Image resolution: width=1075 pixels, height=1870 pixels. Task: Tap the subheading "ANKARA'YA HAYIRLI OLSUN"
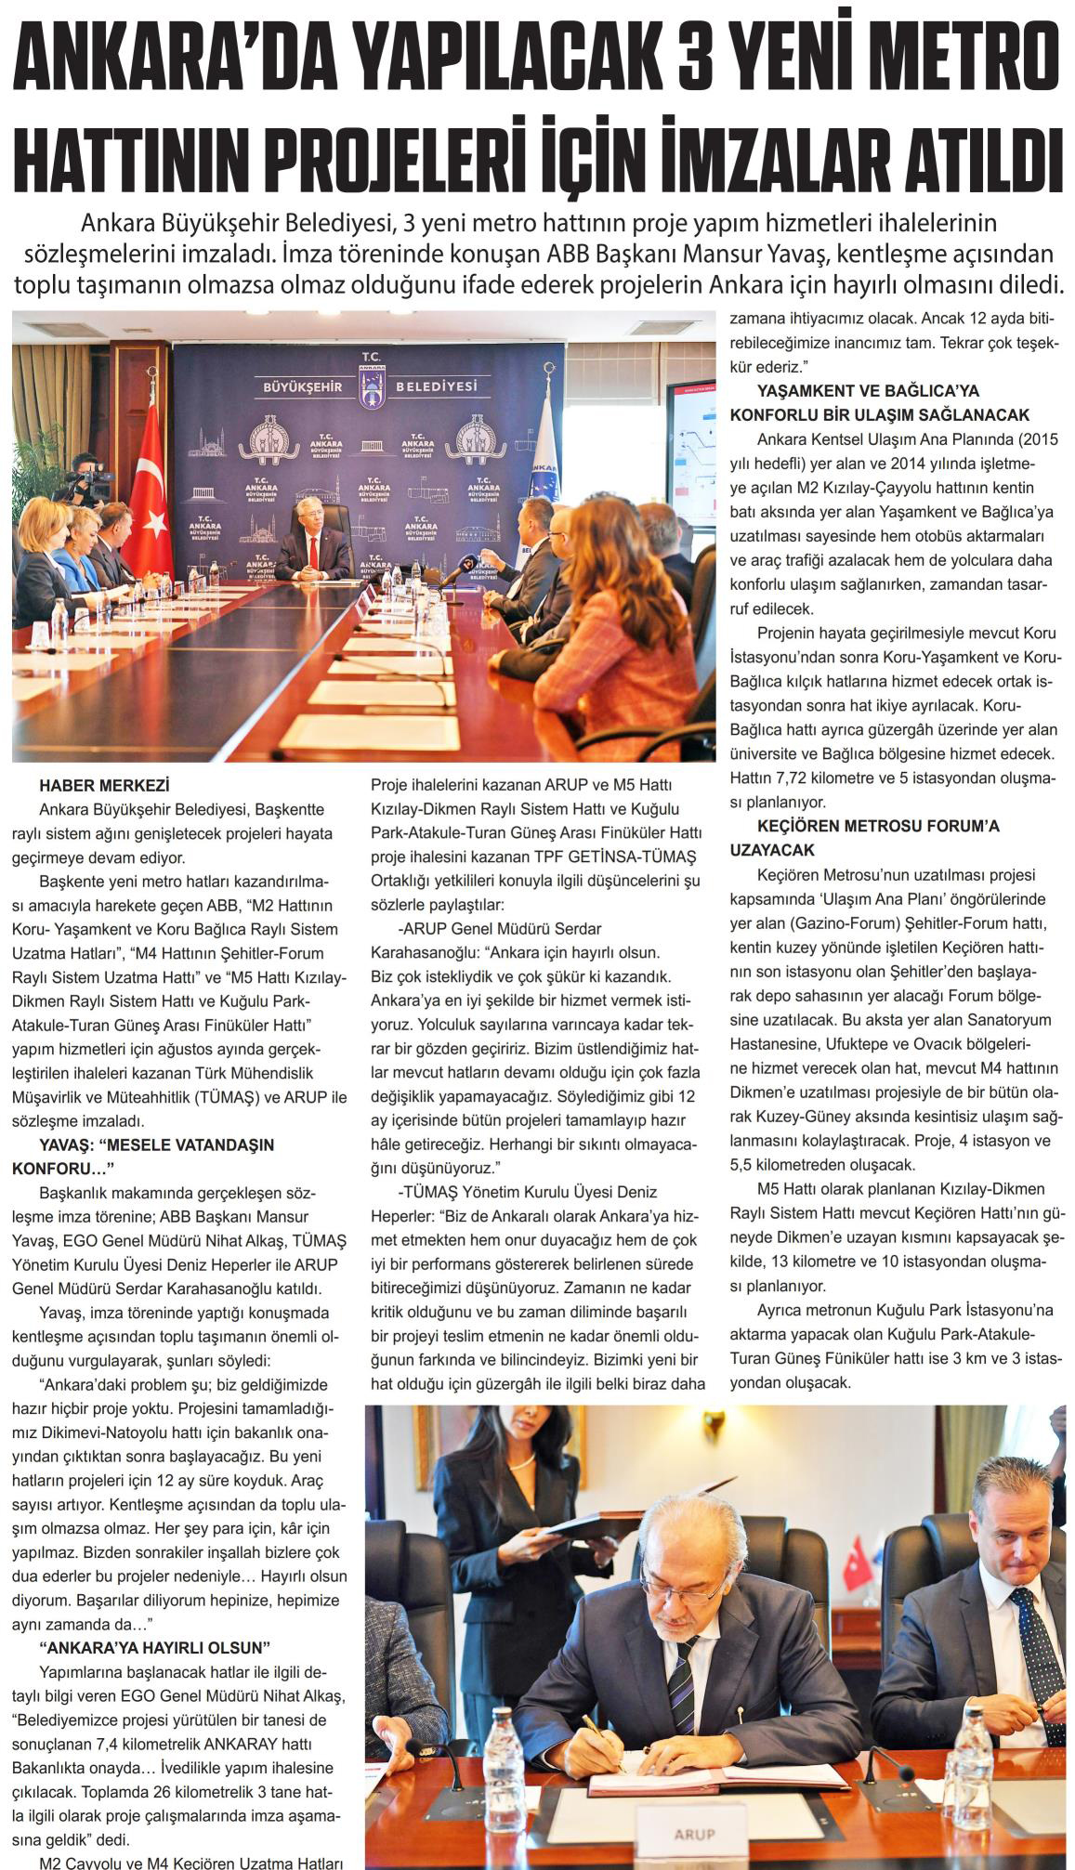(x=155, y=1647)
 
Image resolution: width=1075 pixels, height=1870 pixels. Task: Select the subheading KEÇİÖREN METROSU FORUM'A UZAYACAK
(x=864, y=837)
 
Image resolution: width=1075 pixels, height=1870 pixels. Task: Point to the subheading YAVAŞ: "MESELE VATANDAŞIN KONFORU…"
(x=144, y=1156)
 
